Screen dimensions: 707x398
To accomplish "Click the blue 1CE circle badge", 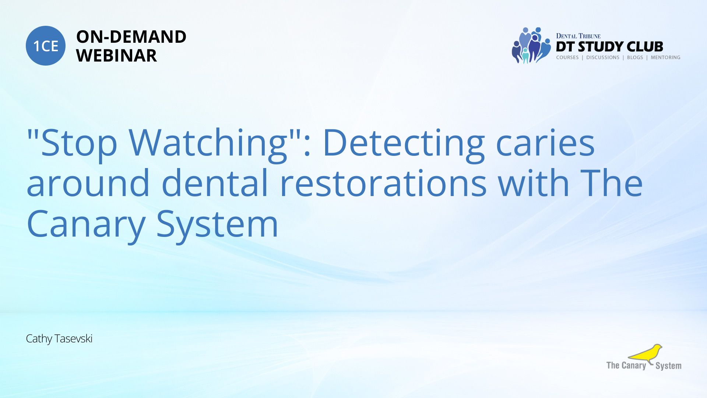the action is (x=46, y=46).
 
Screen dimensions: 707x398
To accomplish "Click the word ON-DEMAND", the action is (x=131, y=37).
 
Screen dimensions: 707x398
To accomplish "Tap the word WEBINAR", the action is (x=116, y=56).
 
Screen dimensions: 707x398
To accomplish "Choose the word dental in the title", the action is (x=215, y=183).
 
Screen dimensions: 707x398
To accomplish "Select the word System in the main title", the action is (x=217, y=225).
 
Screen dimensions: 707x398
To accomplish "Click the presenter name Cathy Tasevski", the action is (x=59, y=339).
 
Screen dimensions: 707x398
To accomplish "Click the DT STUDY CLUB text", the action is (x=609, y=47).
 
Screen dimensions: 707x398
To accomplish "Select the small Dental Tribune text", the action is (x=578, y=36).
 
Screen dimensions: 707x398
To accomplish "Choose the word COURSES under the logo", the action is (x=567, y=57).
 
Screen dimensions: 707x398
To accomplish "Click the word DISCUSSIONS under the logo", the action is (x=603, y=57).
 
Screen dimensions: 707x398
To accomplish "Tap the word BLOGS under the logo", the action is (x=635, y=57).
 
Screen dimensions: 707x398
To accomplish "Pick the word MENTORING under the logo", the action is (x=665, y=57).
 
